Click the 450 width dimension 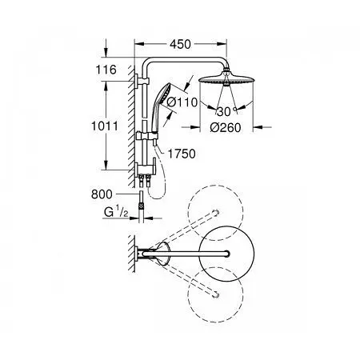pyautogui.click(x=181, y=44)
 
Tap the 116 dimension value pyautogui.click(x=106, y=70)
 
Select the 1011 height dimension pyautogui.click(x=105, y=126)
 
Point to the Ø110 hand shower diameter pyautogui.click(x=182, y=102)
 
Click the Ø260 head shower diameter pyautogui.click(x=226, y=128)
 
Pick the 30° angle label pyautogui.click(x=226, y=112)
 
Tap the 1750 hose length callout pyautogui.click(x=182, y=154)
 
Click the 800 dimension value pyautogui.click(x=102, y=194)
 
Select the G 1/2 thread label pyautogui.click(x=116, y=213)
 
